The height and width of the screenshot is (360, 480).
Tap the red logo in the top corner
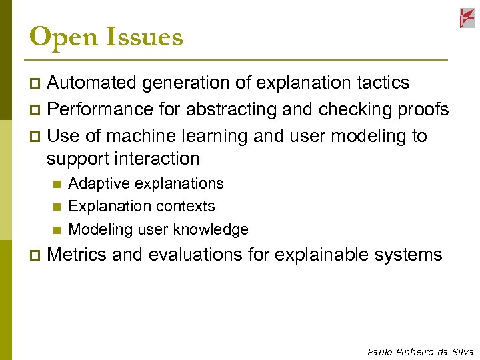(x=467, y=18)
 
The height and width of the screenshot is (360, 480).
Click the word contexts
(x=188, y=206)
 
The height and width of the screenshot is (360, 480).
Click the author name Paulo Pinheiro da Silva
(x=420, y=352)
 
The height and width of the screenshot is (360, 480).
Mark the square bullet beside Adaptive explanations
(x=56, y=184)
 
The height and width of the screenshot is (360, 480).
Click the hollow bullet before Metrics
(x=36, y=255)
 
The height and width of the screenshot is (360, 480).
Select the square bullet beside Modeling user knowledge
(x=56, y=230)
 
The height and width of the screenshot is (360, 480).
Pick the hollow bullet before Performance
(x=36, y=110)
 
